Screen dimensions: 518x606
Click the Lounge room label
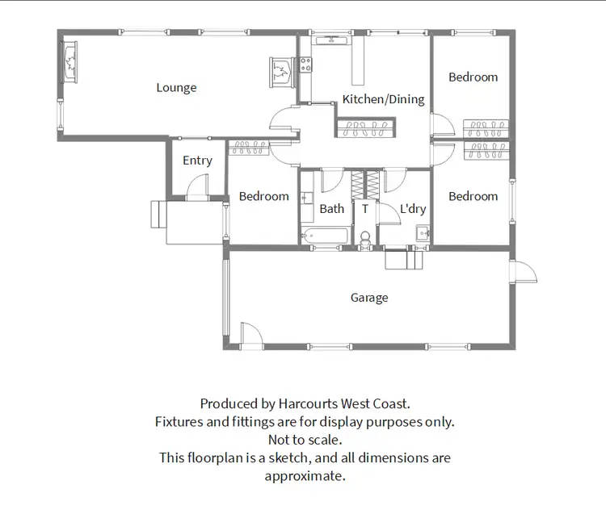176,88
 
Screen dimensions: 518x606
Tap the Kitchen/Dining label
383,99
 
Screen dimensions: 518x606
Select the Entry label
197,161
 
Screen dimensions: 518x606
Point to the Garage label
369,298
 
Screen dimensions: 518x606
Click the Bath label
331,209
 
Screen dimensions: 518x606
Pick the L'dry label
413,209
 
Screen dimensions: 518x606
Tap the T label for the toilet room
364,209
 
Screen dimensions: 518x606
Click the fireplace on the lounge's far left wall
69,62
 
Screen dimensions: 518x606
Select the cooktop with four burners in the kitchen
306,65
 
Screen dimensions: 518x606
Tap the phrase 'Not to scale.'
305,440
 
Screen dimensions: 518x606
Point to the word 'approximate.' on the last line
305,475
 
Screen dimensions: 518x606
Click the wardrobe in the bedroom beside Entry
250,147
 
